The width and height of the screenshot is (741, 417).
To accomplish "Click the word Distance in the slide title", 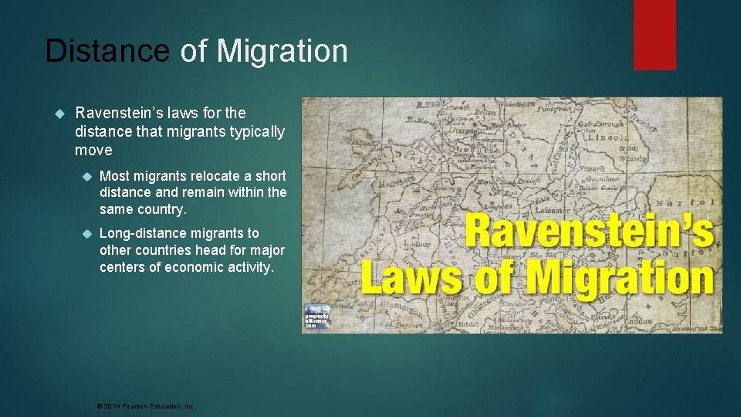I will tap(107, 51).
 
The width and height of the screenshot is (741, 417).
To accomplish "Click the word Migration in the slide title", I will tap(283, 51).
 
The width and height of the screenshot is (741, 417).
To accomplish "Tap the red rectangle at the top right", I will tap(655, 34).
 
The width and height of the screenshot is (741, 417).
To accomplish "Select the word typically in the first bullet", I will tap(256, 132).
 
